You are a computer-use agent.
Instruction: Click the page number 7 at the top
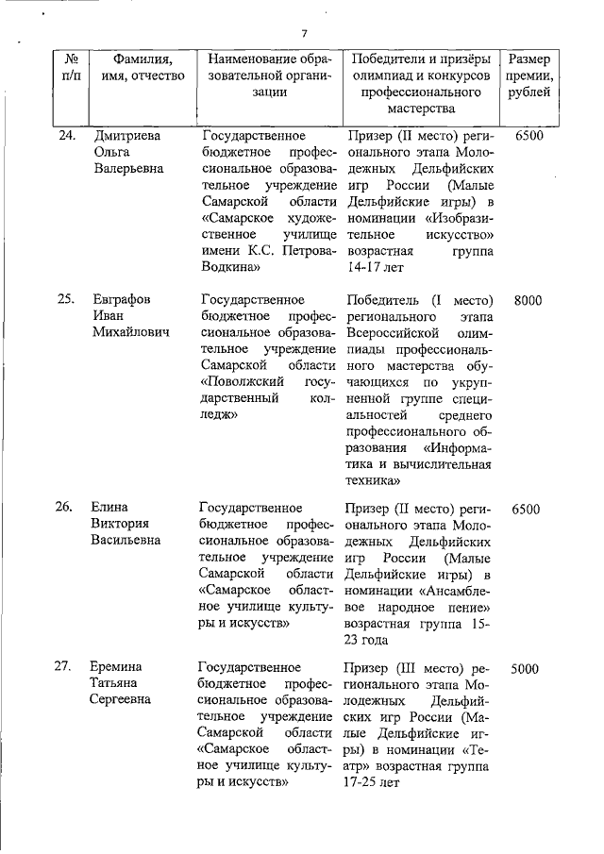[304, 34]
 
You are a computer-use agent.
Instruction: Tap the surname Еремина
[119, 668]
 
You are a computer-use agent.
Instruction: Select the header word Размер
[529, 59]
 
